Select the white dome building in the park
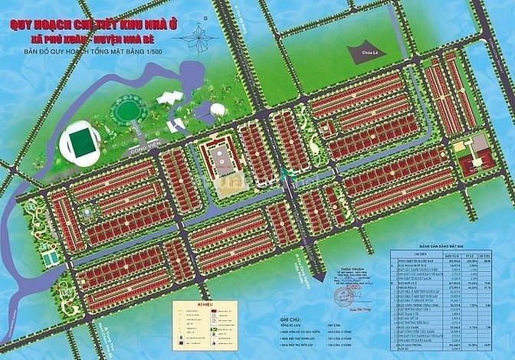coord(218,110)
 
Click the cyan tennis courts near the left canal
coord(51,258)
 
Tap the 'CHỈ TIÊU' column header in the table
coord(406,250)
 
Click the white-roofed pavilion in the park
coord(169,100)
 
